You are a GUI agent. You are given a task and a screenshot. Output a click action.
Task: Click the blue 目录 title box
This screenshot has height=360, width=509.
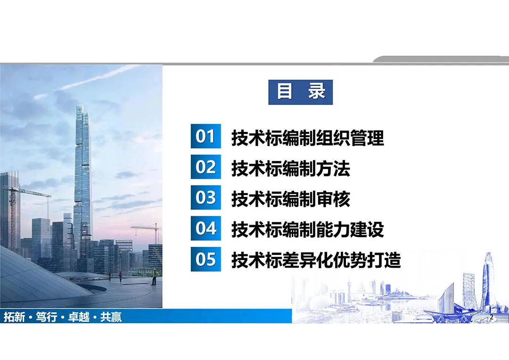(x=300, y=92)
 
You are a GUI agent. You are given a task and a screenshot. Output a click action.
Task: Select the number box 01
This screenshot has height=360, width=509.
(x=206, y=136)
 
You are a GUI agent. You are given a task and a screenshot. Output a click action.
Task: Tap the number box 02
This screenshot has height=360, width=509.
(x=206, y=167)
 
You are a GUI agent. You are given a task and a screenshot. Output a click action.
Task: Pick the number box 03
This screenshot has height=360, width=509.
(x=206, y=197)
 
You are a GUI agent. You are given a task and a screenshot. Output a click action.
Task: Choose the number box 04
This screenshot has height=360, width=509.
(x=206, y=228)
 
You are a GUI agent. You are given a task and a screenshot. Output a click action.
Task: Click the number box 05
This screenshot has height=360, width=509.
(x=206, y=259)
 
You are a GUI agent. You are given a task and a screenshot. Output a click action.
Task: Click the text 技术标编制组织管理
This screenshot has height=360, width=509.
(x=308, y=138)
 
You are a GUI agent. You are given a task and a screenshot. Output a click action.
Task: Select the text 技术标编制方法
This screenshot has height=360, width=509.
(x=291, y=169)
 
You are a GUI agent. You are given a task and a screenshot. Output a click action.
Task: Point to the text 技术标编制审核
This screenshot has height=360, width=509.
(x=291, y=199)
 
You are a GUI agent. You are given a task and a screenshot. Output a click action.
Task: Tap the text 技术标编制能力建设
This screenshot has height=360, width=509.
(x=308, y=229)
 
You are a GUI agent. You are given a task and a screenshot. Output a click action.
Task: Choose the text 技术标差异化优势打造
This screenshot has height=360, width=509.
(x=316, y=260)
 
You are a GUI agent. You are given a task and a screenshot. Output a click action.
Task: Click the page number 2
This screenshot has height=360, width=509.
(x=492, y=317)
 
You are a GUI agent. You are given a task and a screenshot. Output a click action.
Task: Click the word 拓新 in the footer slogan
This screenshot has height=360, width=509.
(x=14, y=317)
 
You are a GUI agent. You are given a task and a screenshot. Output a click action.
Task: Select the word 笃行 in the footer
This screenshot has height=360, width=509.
(x=46, y=317)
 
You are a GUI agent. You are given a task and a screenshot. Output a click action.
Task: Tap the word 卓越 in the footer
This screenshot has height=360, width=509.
(x=79, y=317)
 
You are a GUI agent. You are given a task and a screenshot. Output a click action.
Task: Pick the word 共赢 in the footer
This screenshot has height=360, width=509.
(x=111, y=317)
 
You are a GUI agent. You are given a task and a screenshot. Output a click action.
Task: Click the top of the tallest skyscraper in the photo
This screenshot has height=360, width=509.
(x=80, y=105)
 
